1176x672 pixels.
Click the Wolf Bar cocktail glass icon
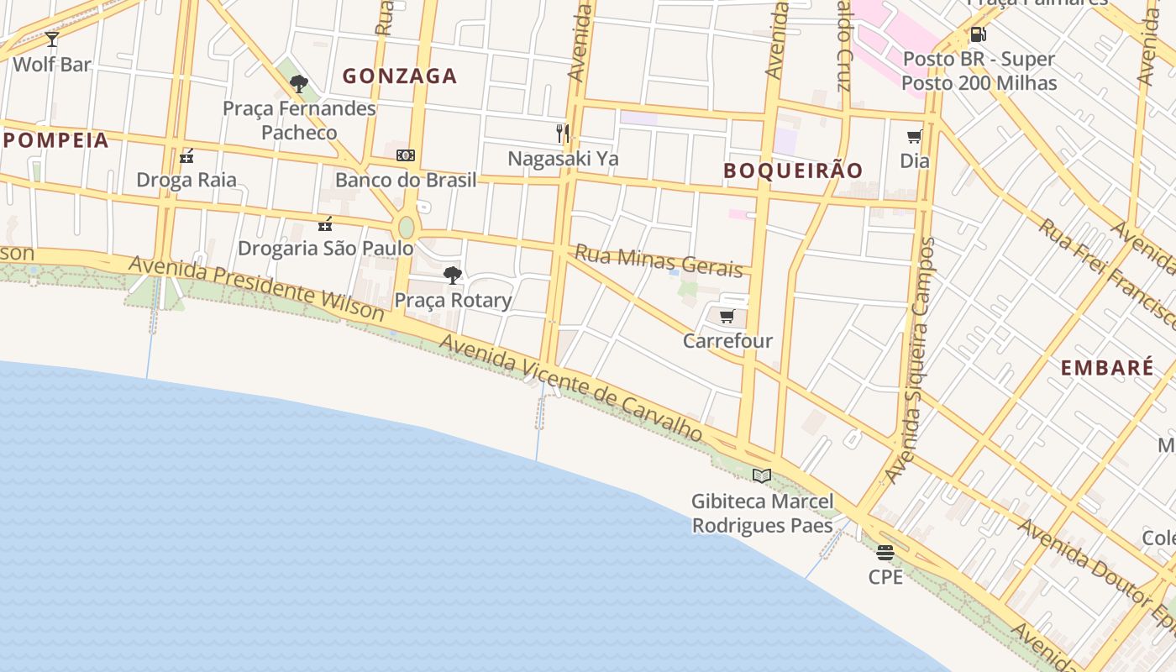point(52,39)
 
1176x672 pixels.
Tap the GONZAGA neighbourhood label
point(400,76)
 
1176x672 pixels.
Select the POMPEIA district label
point(56,140)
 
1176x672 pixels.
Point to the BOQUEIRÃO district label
point(793,171)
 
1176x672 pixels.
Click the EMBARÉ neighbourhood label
point(1106,367)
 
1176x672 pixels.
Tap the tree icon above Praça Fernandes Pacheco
point(298,83)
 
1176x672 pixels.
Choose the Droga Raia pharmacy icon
point(186,155)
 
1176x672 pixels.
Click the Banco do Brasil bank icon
point(406,155)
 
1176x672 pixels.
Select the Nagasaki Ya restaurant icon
point(563,133)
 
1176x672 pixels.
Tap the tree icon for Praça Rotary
point(453,275)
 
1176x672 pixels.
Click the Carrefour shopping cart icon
point(727,316)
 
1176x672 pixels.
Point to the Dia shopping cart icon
point(914,136)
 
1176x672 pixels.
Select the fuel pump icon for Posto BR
point(978,34)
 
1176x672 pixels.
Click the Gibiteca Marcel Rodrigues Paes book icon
point(762,475)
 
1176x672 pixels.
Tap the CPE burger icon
point(885,552)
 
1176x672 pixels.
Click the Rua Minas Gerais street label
point(659,261)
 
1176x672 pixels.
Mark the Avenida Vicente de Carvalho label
point(570,387)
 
